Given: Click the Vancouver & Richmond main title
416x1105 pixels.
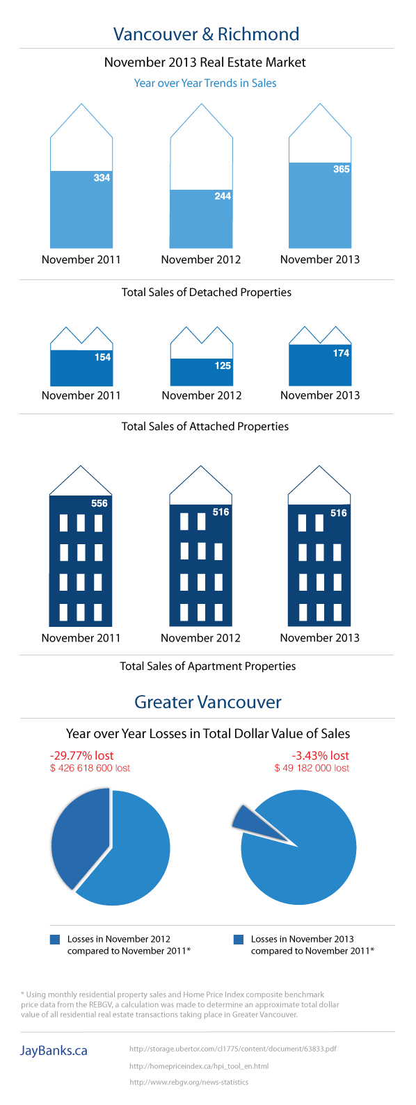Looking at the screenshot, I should (x=206, y=34).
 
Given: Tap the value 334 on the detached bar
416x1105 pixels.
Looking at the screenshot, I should (x=102, y=178).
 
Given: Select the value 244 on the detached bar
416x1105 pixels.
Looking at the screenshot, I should (x=223, y=196).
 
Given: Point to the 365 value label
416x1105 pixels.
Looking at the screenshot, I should (x=341, y=170).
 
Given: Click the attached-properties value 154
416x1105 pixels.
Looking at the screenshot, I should (x=102, y=357).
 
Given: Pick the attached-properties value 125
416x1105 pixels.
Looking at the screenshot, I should (x=223, y=366).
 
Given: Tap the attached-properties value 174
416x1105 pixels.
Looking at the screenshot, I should (x=341, y=353).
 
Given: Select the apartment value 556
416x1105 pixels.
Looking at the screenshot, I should (x=99, y=503).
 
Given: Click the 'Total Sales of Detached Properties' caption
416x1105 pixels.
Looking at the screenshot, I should (x=207, y=292).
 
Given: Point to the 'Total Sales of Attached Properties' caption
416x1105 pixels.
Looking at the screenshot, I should (x=205, y=426).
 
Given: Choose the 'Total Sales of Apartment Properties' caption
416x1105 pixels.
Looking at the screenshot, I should (x=208, y=666).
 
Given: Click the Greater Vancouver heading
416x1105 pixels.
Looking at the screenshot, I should (x=208, y=702).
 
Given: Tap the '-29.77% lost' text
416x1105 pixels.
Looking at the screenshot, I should (x=81, y=755).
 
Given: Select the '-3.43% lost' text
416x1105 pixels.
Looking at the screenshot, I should (x=320, y=755).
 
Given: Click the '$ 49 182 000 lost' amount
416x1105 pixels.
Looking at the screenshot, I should (x=312, y=768).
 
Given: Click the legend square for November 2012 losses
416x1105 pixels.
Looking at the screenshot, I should (x=55, y=940).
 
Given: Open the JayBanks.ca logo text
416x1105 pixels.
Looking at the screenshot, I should (x=54, y=1050).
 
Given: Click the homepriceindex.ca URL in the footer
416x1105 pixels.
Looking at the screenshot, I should (x=199, y=1066).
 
